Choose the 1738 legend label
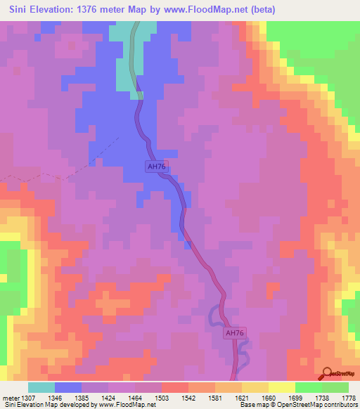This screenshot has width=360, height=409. click(x=321, y=398)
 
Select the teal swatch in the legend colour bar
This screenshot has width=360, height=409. click(x=41, y=387)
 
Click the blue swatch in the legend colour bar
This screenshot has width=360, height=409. click(x=68, y=387)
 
